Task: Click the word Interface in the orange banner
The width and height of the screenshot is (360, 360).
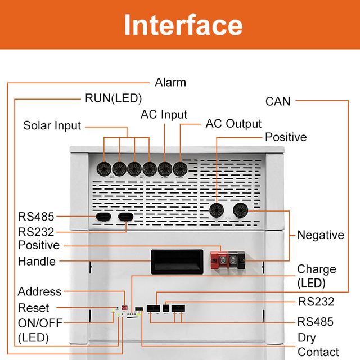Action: [183, 25]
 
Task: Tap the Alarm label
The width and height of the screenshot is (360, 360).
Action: [170, 83]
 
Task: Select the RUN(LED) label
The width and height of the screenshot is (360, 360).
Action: [113, 98]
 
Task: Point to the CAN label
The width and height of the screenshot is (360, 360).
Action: [278, 101]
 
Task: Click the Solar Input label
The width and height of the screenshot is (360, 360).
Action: [52, 125]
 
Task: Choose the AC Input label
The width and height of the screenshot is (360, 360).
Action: [164, 115]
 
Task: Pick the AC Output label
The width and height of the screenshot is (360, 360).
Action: [233, 124]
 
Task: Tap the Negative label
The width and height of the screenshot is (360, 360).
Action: [320, 235]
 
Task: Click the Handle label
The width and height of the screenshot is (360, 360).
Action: [37, 262]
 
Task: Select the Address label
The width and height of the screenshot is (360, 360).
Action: [39, 291]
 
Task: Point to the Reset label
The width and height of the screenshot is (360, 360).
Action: [33, 308]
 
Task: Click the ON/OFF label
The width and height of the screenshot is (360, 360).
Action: [40, 323]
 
